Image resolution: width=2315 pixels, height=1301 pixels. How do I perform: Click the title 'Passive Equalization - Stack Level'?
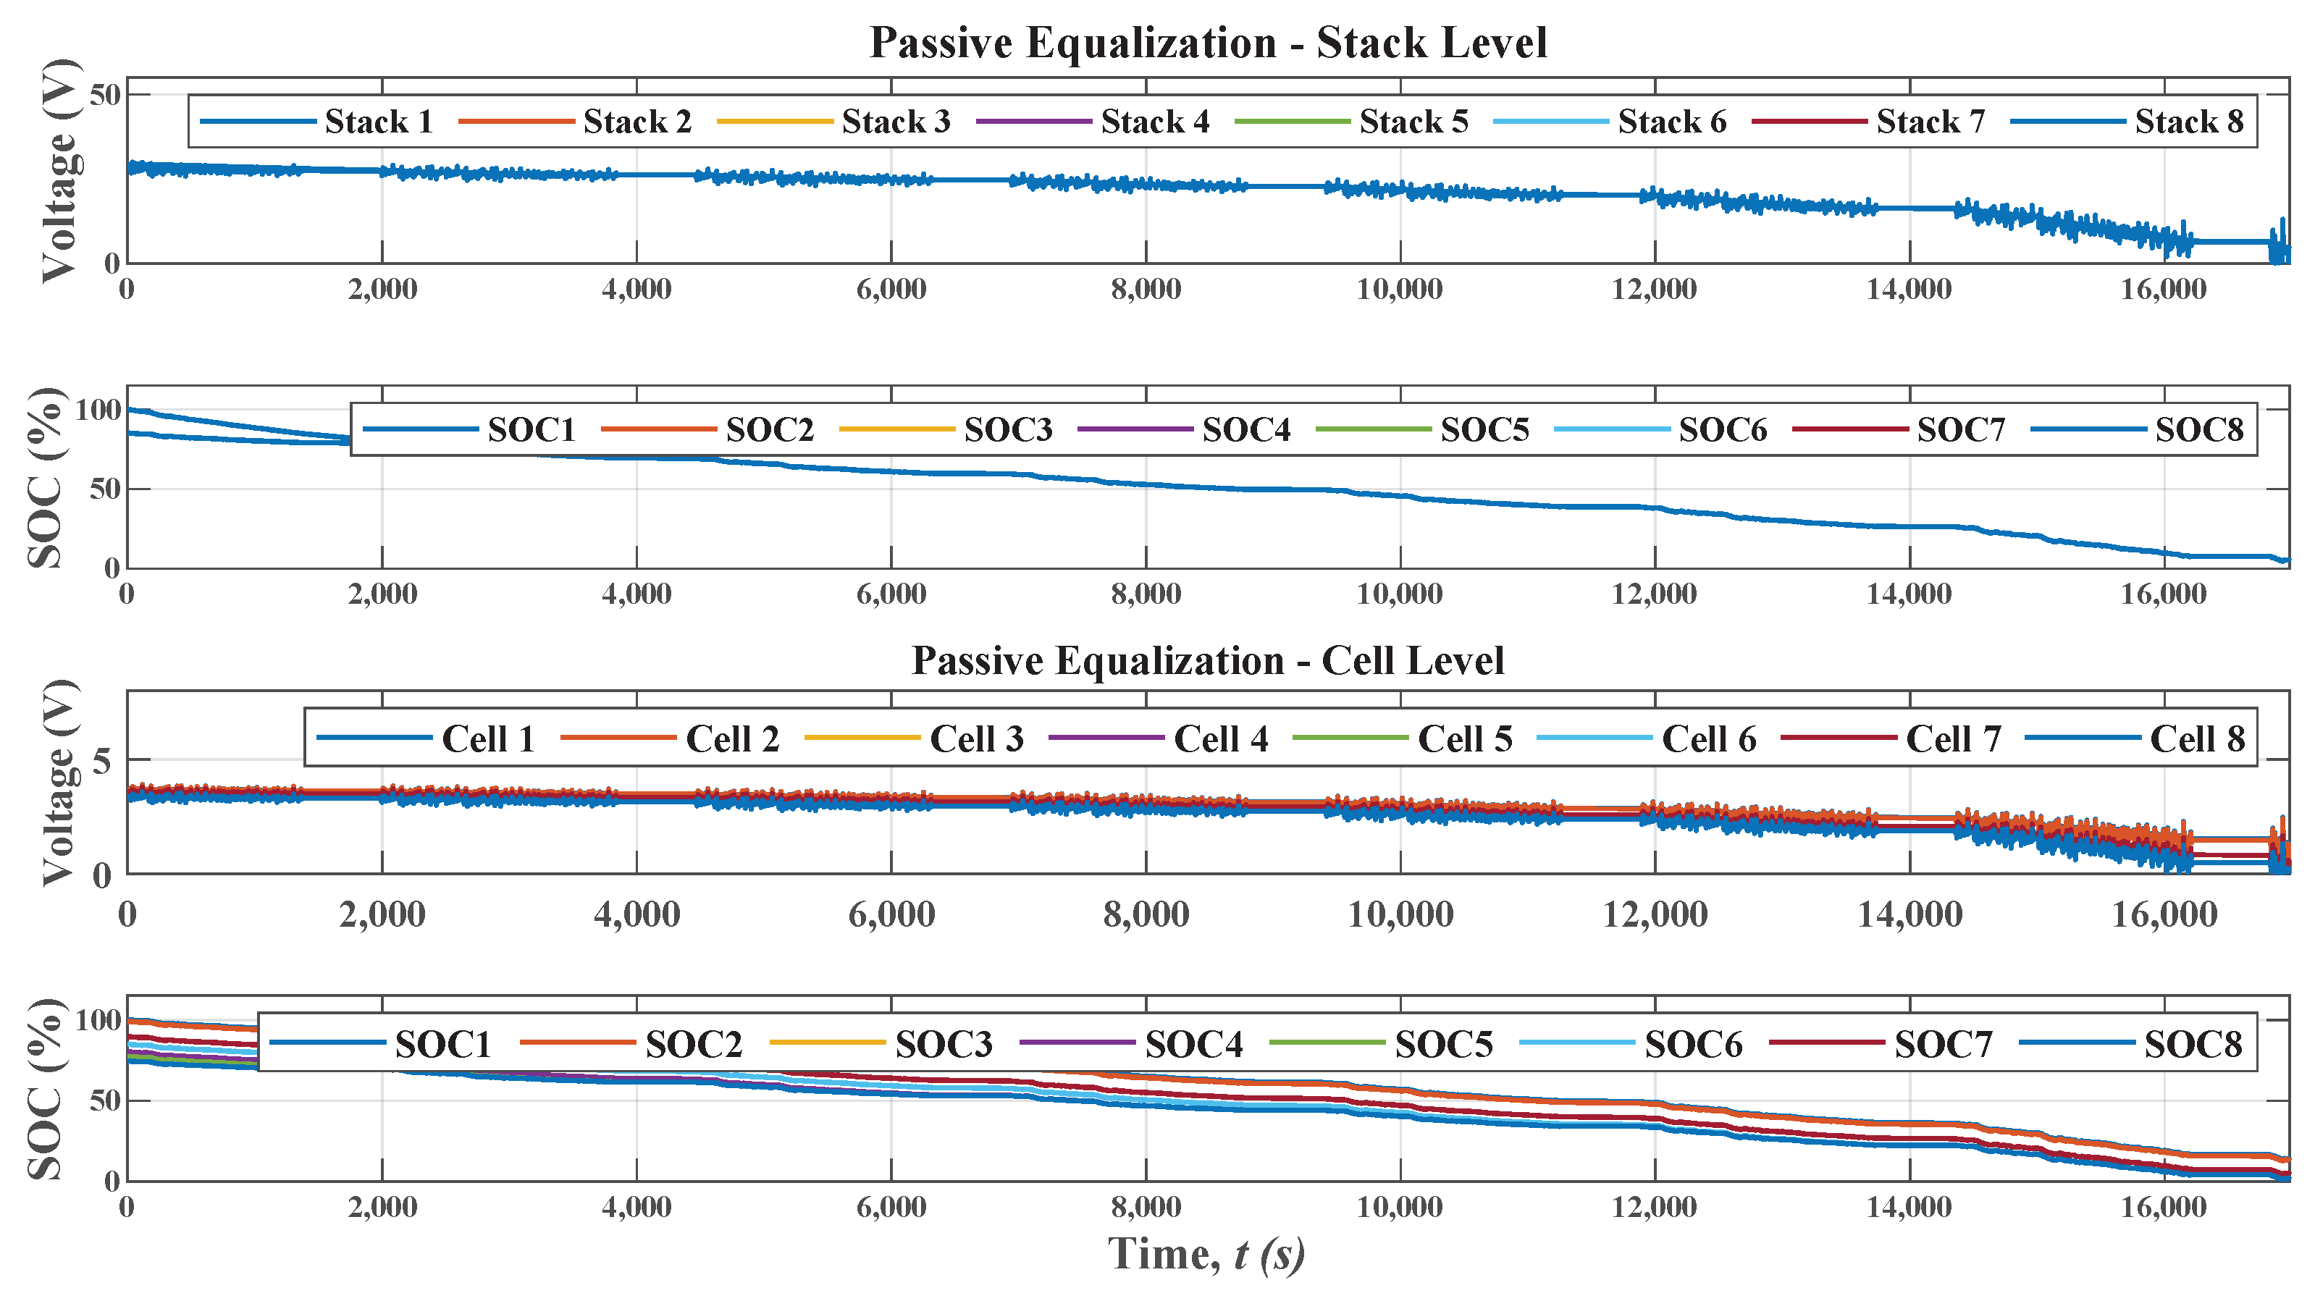point(1208,43)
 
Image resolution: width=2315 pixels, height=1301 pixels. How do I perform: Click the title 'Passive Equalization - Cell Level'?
point(1208,660)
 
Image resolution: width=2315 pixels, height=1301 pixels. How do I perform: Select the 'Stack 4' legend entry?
point(1155,122)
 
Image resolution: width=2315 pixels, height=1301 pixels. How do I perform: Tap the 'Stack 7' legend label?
point(1930,122)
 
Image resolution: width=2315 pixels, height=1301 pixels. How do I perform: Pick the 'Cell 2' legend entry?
point(732,738)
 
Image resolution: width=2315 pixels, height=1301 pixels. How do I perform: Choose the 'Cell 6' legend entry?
point(1708,738)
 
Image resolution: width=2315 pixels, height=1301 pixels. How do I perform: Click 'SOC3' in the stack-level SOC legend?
point(1007,429)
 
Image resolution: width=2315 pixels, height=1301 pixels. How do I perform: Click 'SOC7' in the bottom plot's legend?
point(1943,1044)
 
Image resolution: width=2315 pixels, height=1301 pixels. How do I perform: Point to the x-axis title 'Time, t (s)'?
point(1206,1253)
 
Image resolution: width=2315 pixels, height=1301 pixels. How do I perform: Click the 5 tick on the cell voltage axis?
point(102,762)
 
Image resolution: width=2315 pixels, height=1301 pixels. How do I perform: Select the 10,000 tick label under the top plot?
point(1399,290)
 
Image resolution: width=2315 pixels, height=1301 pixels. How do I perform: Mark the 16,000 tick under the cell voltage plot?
point(2164,914)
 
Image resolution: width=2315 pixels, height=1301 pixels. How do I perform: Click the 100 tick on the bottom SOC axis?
point(97,1020)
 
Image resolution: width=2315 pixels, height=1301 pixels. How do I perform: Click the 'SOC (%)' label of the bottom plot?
point(45,1089)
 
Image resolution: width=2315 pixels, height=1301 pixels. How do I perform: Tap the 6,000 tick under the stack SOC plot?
point(891,594)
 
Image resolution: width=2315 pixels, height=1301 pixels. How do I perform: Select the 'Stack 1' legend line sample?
point(257,122)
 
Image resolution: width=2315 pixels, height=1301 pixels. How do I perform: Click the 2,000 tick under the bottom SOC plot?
point(382,1207)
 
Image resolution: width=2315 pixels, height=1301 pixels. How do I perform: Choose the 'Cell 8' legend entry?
point(2196,738)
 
